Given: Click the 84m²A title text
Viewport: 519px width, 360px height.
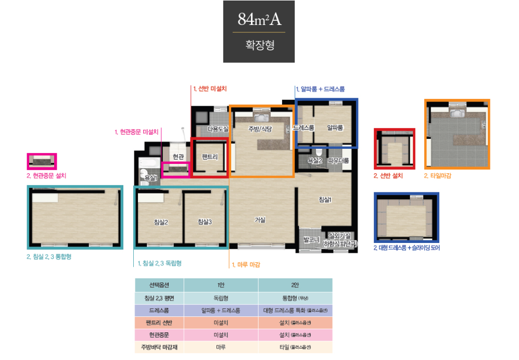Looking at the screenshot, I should click(259, 19).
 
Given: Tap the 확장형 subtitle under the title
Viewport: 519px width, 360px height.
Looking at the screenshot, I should click(259, 45).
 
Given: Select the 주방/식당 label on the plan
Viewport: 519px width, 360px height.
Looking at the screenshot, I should click(260, 128).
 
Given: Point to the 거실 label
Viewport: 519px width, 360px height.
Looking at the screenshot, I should click(260, 220).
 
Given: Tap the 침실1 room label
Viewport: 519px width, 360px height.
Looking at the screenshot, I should click(325, 199).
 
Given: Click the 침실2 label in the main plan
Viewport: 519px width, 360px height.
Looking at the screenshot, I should click(161, 222).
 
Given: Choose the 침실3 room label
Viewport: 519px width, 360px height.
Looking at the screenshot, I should click(205, 222).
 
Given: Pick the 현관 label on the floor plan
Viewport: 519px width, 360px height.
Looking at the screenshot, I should click(178, 157).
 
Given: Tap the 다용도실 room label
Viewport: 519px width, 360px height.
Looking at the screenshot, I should click(218, 129).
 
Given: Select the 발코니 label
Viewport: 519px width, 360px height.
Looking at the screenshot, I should click(311, 240).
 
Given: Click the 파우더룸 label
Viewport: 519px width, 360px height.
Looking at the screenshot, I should click(338, 161).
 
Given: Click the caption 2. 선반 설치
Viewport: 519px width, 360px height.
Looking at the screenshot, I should click(388, 176).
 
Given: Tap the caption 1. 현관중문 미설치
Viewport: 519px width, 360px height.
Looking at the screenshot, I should click(136, 132).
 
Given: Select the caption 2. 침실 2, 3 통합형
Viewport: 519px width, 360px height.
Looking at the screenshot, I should click(49, 256).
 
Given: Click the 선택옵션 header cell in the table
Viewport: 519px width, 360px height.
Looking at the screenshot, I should click(159, 285).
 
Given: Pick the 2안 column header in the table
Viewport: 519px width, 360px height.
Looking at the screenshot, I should click(295, 285).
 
